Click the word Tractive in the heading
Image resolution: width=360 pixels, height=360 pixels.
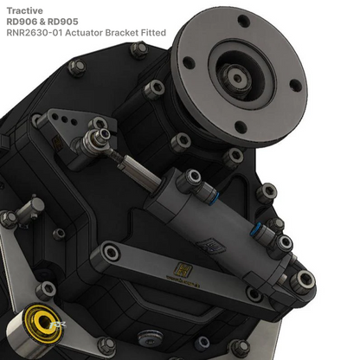coord(26,10)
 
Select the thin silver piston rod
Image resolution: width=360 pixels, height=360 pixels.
coord(138,169)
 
